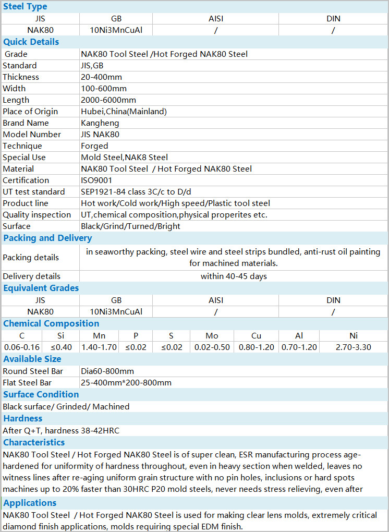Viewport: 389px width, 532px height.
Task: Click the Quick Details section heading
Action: coord(31,42)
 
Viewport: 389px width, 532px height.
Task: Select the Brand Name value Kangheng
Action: coord(100,123)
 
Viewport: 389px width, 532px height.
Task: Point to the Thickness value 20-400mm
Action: coord(103,77)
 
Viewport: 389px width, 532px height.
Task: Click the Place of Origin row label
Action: coord(30,112)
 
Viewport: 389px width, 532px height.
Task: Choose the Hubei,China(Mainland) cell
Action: coord(124,112)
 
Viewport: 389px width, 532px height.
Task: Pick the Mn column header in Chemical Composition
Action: coord(99,336)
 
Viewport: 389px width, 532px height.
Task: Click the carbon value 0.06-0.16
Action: coord(22,347)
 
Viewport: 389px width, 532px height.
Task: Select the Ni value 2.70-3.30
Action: coord(354,347)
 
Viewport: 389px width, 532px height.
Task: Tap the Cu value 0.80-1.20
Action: coord(257,347)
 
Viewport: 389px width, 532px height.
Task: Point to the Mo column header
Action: coord(212,336)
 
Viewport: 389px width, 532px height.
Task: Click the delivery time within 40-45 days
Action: coord(234,276)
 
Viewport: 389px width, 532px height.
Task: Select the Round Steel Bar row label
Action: coord(33,371)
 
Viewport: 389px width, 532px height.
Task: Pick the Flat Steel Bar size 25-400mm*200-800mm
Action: coord(126,383)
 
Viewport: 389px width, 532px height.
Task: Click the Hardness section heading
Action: coord(23,419)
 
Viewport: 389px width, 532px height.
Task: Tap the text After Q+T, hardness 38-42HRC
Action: coord(64,431)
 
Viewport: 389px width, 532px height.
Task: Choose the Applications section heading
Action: coord(30,503)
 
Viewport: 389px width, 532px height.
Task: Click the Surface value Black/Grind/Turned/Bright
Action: coord(130,226)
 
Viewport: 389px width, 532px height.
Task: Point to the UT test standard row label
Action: coord(34,192)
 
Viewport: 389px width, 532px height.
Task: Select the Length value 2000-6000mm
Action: coord(108,100)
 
